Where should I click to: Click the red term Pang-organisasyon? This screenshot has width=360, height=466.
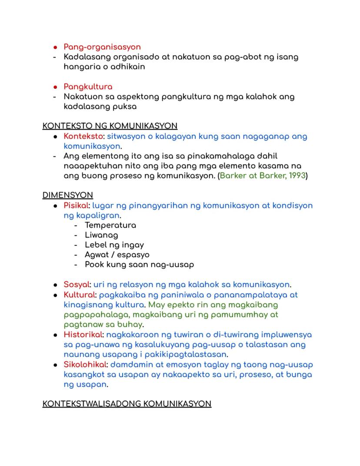point(102,47)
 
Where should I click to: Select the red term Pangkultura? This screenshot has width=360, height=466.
point(88,87)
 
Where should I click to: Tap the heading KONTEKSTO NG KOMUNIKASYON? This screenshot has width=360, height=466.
point(110,126)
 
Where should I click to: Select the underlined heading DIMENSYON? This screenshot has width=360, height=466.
point(67,195)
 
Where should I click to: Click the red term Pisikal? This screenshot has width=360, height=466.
point(76,205)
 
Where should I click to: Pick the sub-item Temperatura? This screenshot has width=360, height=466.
point(110,225)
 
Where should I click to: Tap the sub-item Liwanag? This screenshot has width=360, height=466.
point(101,235)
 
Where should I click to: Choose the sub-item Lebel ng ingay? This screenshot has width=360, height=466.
point(114,245)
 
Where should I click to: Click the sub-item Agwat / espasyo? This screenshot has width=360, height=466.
point(117,255)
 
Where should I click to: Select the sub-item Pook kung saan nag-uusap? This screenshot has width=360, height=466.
point(139,265)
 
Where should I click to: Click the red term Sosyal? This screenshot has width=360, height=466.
point(76,285)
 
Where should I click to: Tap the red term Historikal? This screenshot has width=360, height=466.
point(83,335)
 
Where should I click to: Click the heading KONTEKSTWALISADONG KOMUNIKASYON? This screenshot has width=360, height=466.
point(127,404)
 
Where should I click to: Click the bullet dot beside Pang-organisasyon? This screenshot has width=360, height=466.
point(55,47)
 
